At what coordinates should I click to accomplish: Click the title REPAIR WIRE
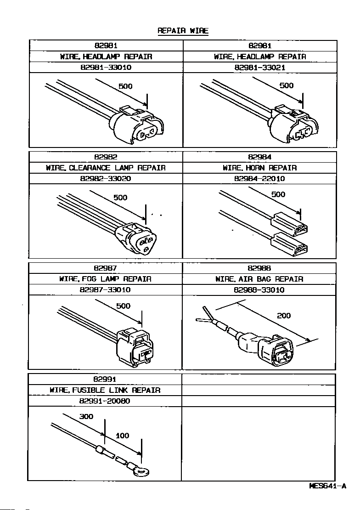183,31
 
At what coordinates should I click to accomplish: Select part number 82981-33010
106,68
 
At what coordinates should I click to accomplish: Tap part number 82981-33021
260,68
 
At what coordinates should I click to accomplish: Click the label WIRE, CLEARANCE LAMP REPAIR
106,168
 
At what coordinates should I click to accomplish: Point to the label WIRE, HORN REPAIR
260,168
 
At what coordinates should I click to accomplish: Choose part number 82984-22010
260,179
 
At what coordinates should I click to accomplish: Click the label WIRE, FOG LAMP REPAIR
105,279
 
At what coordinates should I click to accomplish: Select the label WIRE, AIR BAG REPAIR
259,279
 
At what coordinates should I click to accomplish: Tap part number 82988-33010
259,290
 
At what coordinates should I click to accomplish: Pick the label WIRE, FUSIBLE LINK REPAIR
105,390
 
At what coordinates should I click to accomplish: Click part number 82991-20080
105,401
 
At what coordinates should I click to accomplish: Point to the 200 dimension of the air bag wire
284,316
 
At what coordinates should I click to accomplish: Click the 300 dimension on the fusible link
86,417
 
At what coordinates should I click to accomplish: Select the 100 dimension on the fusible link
122,436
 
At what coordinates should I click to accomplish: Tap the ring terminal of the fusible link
143,471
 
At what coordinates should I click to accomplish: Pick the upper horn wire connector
289,225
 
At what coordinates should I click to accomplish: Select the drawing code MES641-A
327,486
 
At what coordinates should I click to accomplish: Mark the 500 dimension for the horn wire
278,194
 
